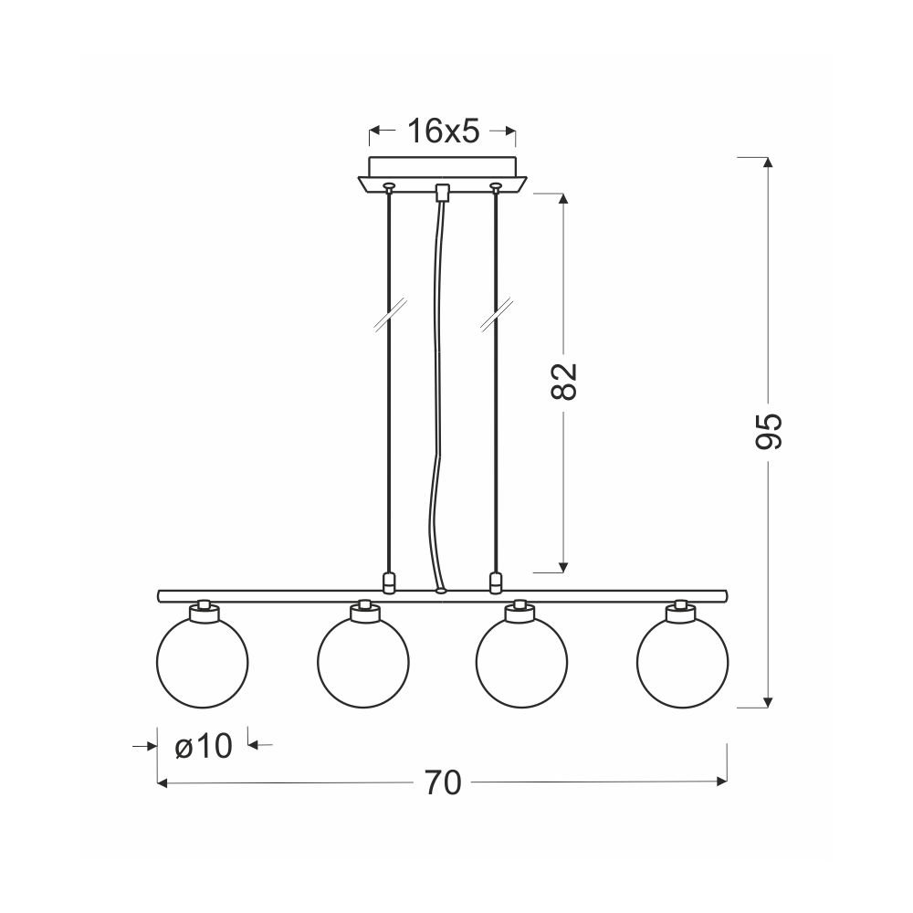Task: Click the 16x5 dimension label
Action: (x=443, y=131)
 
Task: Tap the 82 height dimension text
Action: (x=563, y=382)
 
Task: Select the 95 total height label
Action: (x=768, y=432)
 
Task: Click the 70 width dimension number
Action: (x=443, y=782)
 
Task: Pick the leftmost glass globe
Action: (x=203, y=662)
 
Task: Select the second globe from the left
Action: (x=363, y=662)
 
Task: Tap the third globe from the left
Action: (x=521, y=662)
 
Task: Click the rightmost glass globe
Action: (x=682, y=662)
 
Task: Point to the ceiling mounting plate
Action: (x=443, y=173)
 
